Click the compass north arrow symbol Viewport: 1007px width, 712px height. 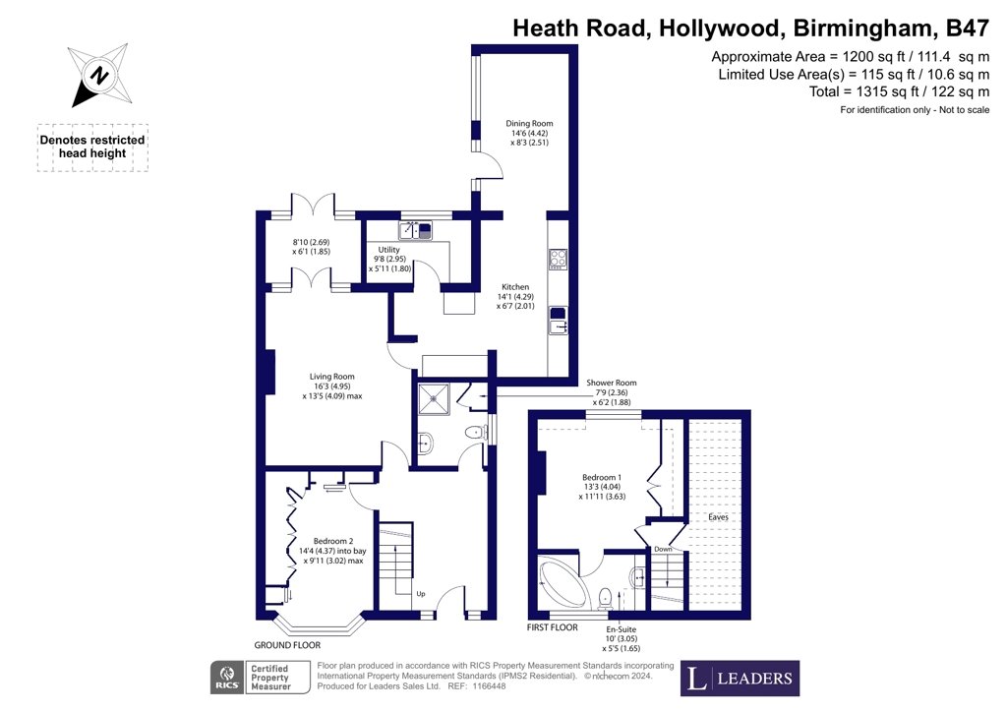click(x=100, y=75)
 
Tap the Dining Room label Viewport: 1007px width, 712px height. click(x=529, y=123)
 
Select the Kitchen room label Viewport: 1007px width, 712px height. click(x=515, y=287)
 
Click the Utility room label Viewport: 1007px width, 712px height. click(x=388, y=250)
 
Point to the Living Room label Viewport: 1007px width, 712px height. click(x=332, y=377)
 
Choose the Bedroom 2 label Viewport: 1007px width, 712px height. click(x=333, y=541)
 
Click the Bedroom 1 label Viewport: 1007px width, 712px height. click(x=602, y=478)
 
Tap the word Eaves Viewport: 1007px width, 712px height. click(x=718, y=517)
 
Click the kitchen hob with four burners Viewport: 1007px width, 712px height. click(x=559, y=259)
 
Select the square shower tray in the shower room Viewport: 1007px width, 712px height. click(x=434, y=399)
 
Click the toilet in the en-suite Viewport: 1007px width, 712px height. click(x=605, y=598)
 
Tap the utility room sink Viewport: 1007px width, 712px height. click(x=416, y=230)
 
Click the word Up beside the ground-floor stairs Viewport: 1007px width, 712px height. click(x=421, y=594)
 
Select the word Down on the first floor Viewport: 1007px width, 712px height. click(x=663, y=549)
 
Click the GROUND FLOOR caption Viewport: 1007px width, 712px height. click(x=287, y=645)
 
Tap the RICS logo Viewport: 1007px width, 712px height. click(x=227, y=678)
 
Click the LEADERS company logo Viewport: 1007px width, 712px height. click(x=740, y=678)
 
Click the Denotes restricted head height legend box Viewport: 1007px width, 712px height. click(x=92, y=148)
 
